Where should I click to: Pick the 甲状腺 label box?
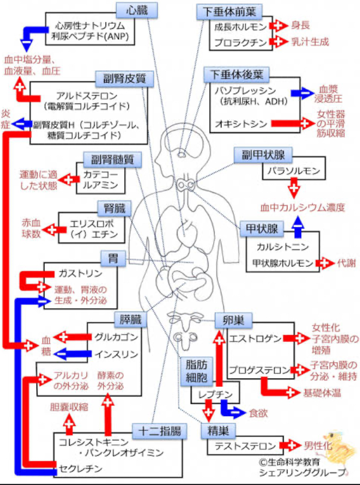pyautogui.click(x=261, y=228)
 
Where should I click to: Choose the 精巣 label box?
pyautogui.click(x=217, y=431)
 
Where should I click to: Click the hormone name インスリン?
pyautogui.click(x=116, y=354)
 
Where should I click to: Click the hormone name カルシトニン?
pyautogui.click(x=276, y=247)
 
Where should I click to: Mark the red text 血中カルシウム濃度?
pyautogui.click(x=302, y=207)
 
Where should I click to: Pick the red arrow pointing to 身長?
pyautogui.click(x=278, y=26)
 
